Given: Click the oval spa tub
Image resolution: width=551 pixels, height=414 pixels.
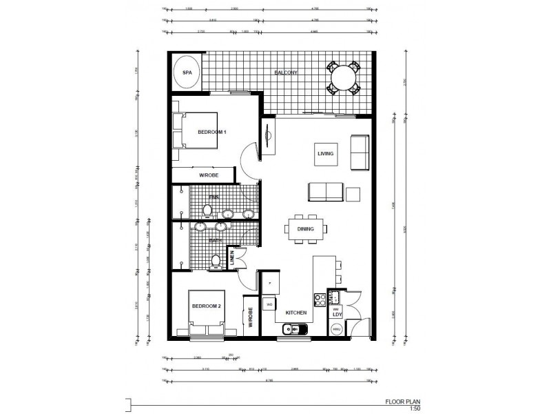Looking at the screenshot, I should pos(186,72).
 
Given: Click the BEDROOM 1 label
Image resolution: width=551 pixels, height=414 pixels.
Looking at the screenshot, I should pos(212,131).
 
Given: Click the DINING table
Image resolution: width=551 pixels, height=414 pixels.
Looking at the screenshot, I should pos(306,229).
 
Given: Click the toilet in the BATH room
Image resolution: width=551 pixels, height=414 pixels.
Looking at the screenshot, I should pos(216,261).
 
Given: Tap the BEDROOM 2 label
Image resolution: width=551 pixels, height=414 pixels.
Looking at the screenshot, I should pos(206,306).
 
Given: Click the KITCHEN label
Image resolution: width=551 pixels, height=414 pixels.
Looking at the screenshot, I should pos(296,313).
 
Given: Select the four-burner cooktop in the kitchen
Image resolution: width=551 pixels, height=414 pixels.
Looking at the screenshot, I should pos(320,299).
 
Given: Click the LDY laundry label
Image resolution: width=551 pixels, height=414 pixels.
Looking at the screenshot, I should pos(337,315).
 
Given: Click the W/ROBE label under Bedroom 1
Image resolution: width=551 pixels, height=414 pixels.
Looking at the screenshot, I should pos(209,175).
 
